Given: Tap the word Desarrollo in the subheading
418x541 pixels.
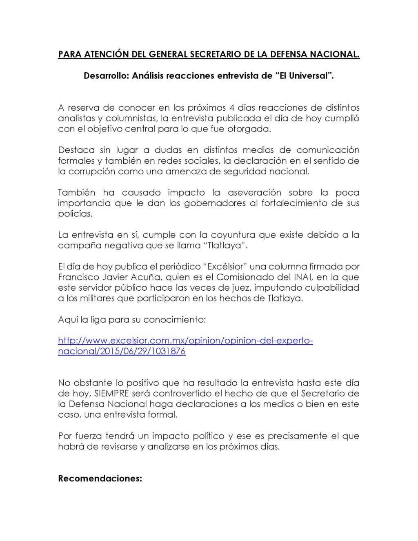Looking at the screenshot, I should point(105,76).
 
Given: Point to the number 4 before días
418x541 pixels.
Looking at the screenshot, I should point(232,108).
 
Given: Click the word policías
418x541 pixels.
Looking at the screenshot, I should point(75,214).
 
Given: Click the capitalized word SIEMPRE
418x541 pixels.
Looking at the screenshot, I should point(111,394).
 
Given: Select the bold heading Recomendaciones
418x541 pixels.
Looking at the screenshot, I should point(100,479).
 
